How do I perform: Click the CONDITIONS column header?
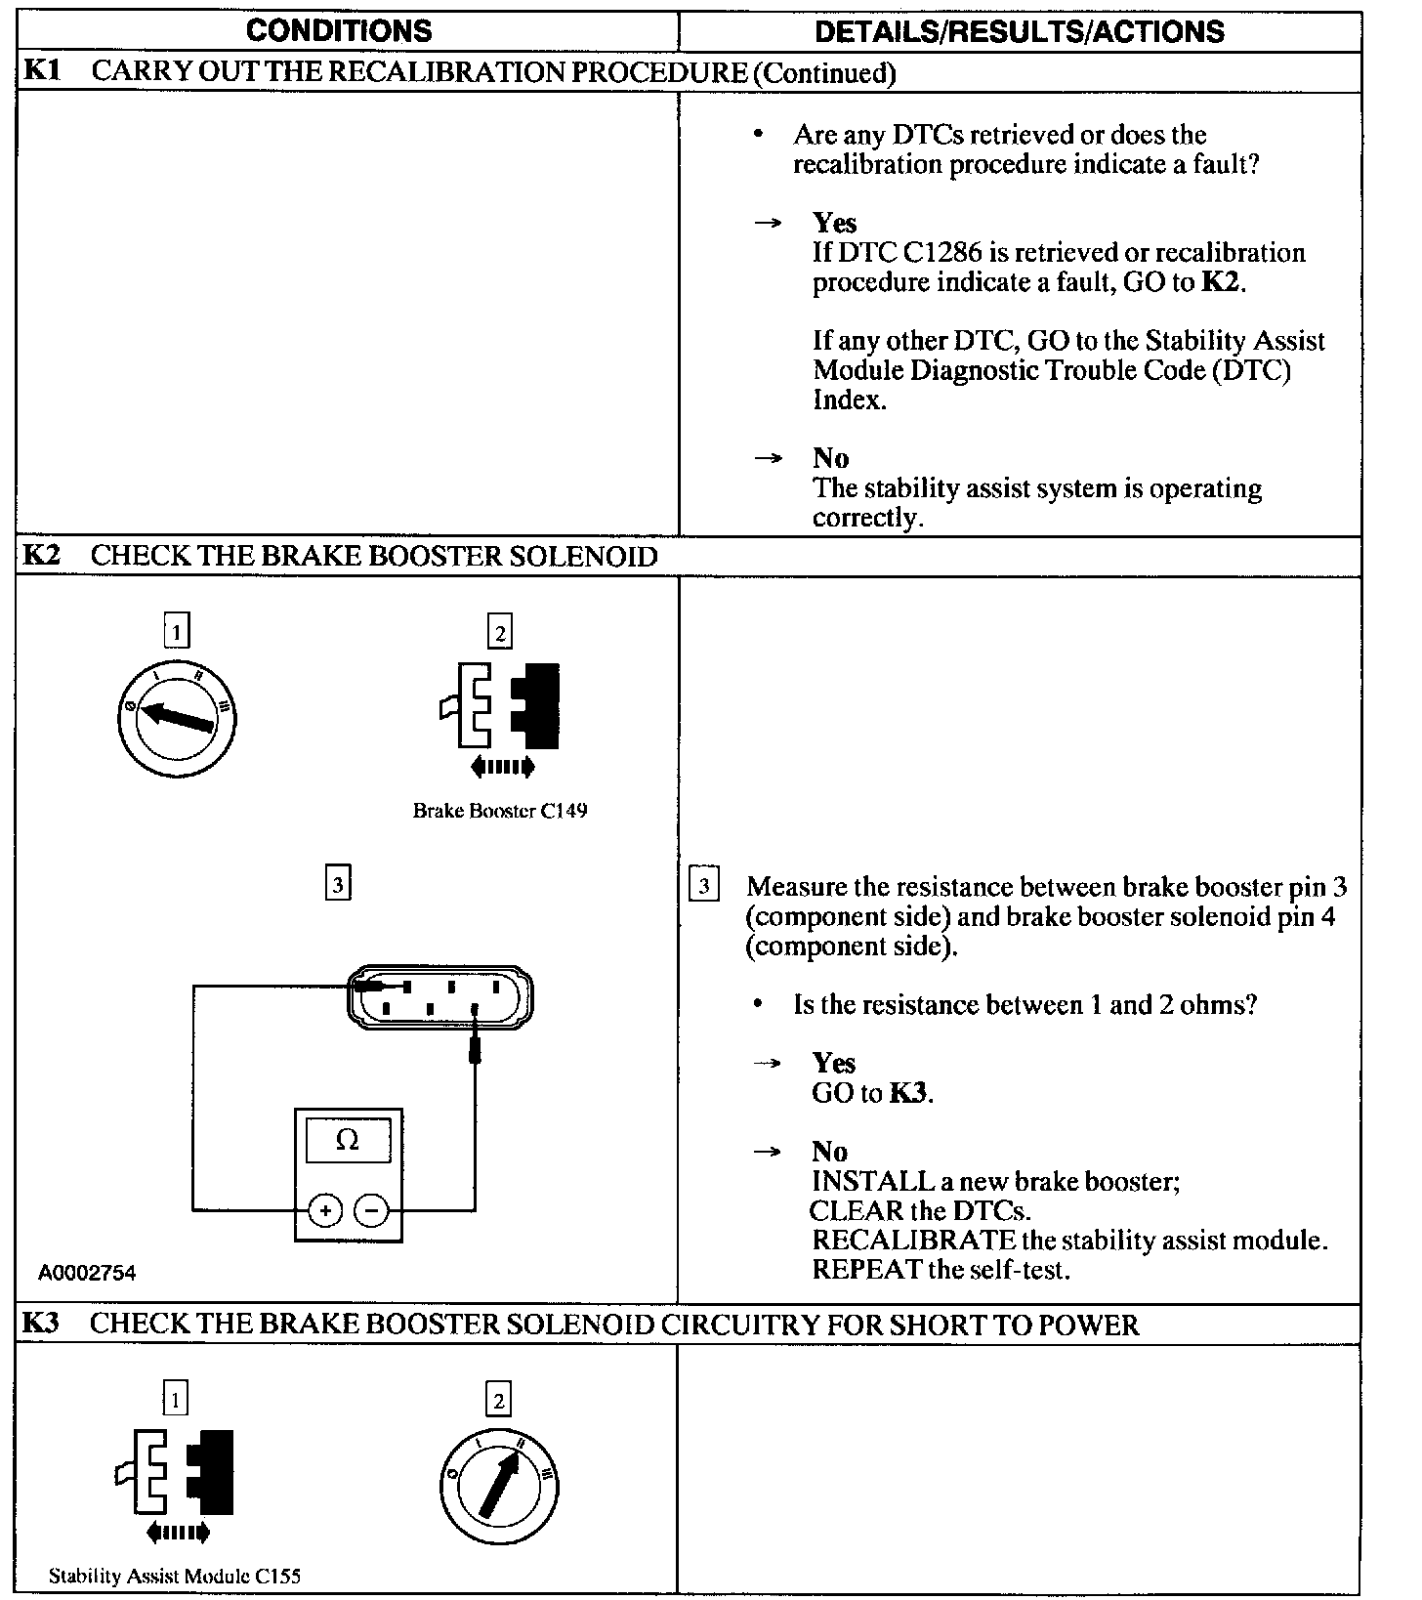coord(339,30)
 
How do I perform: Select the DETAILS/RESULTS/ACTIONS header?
coord(1019,31)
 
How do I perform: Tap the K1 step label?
coord(41,71)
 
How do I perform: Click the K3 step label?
coord(41,1324)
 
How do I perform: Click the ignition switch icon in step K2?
coord(177,718)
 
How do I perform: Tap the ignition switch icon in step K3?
coord(499,1486)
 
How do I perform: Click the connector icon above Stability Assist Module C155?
coord(176,1474)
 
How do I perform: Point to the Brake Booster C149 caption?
coord(500,811)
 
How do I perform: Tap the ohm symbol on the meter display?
coord(348,1140)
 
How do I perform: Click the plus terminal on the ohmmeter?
coord(324,1211)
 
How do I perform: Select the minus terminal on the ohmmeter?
coord(371,1211)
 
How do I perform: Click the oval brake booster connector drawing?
coord(441,997)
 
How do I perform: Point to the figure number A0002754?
coord(87,1273)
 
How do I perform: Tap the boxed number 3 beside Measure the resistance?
coord(704,886)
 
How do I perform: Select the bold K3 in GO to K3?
coord(909,1093)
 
